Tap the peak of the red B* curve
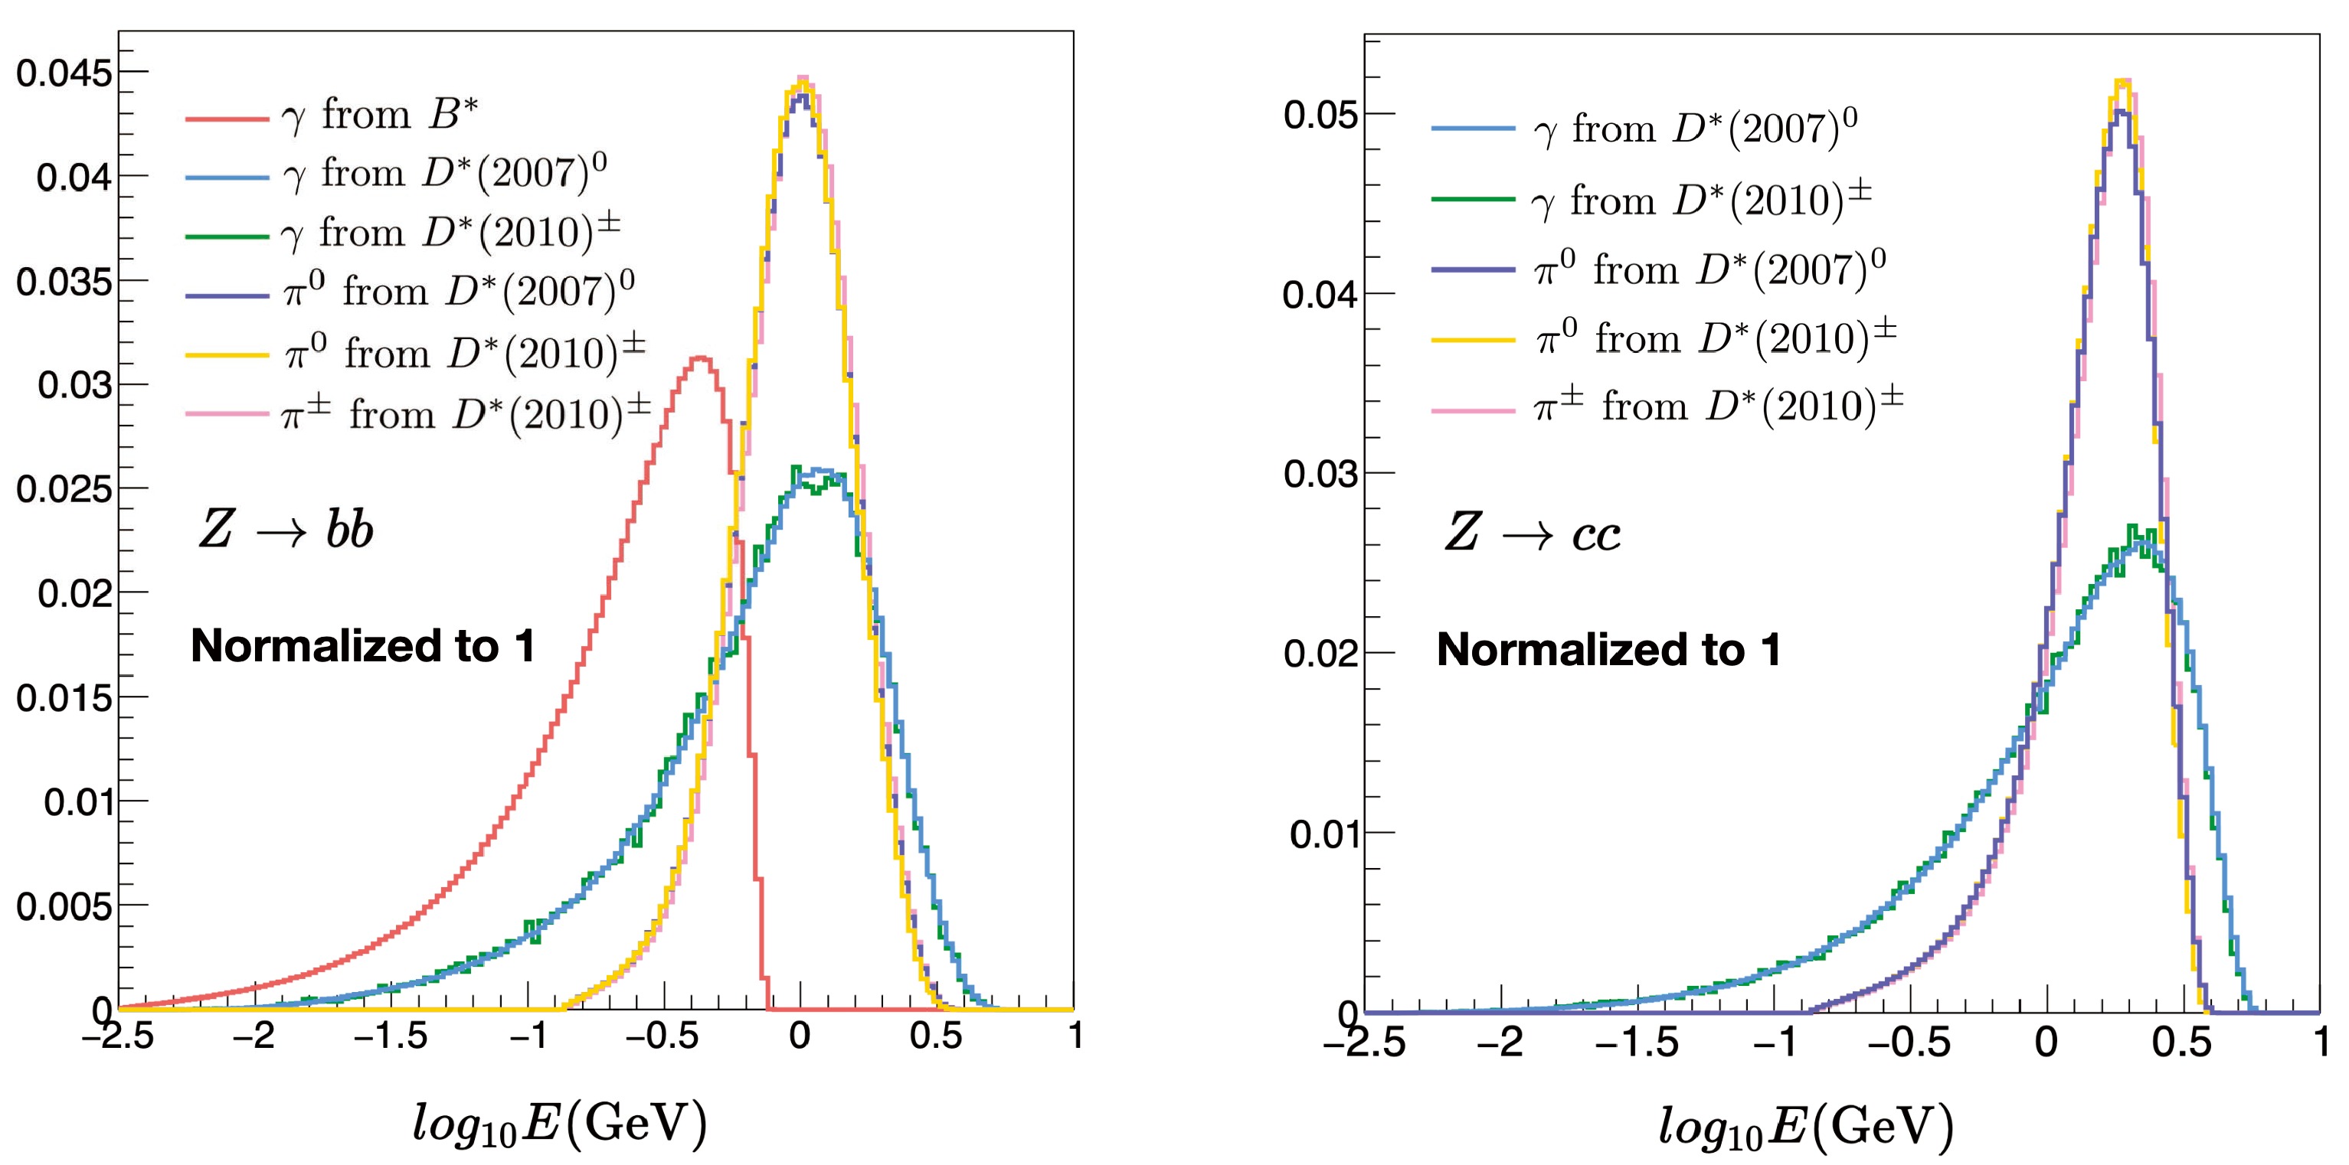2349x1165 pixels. pos(700,357)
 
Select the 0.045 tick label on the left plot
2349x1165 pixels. pos(63,73)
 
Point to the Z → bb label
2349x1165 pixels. pos(286,530)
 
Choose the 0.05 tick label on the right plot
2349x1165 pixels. pos(1320,116)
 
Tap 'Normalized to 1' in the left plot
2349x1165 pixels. pos(362,646)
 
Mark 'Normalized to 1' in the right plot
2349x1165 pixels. pos(1608,650)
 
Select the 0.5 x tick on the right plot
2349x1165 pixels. pos(2182,1041)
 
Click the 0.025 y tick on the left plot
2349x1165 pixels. pos(63,490)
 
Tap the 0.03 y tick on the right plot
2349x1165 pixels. pos(1320,474)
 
